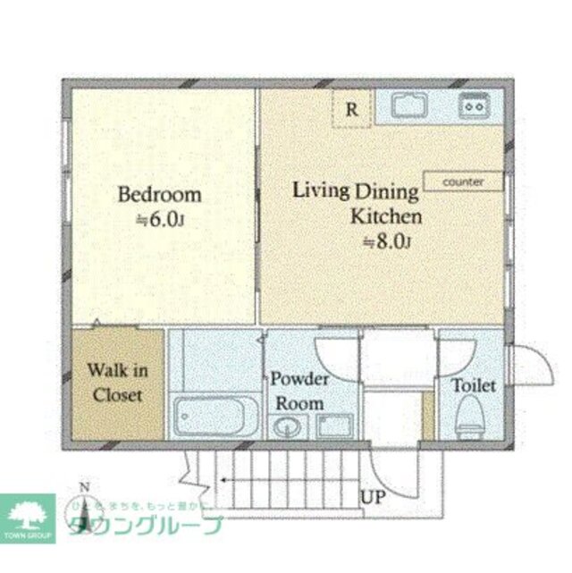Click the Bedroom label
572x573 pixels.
click(x=160, y=194)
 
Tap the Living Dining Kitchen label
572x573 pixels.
click(x=357, y=203)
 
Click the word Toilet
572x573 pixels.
click(x=473, y=386)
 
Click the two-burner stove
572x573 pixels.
click(x=473, y=106)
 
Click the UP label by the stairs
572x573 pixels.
click(x=374, y=498)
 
